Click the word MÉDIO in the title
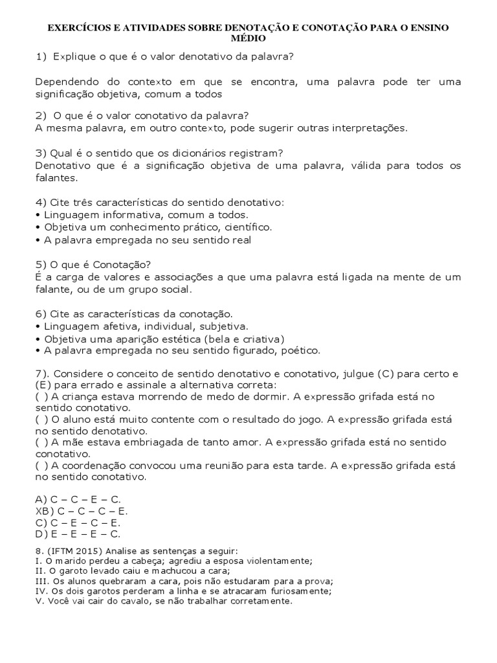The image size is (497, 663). coord(248,39)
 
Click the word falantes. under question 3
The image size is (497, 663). coord(56,177)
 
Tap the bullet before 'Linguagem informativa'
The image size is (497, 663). coord(38,215)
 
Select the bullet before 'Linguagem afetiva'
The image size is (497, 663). coord(38,326)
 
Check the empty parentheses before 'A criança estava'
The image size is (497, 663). coord(41,396)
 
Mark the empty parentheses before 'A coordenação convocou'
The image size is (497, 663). coord(41,466)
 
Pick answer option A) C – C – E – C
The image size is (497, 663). coord(78,499)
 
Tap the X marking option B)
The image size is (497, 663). coord(38,511)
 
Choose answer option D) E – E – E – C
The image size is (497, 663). coord(78,534)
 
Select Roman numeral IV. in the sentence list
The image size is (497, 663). coord(41,590)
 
